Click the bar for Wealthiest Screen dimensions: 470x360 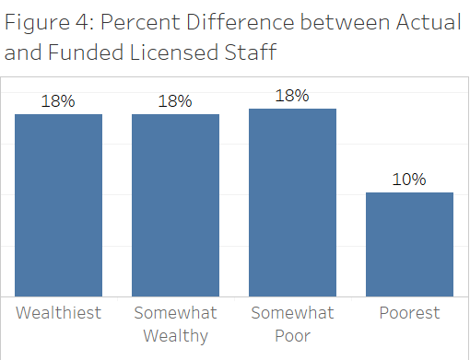pos(58,205)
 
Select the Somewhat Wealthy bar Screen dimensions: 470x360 pos(175,205)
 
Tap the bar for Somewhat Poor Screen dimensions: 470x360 pos(292,203)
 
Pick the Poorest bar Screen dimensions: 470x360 pos(409,244)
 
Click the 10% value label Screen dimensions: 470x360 pos(409,180)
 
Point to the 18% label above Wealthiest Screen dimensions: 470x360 pos(58,101)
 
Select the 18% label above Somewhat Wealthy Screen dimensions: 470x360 pos(175,101)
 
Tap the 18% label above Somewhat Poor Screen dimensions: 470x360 pos(292,96)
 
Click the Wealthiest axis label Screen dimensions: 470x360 pos(58,313)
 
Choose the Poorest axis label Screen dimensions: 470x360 pos(409,313)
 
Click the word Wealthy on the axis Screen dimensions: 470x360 pos(176,336)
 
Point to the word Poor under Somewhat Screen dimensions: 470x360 pos(292,336)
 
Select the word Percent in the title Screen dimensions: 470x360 pos(140,22)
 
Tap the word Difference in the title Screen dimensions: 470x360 pos(241,22)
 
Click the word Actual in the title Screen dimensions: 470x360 pos(429,22)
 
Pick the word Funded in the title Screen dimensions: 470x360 pos(86,52)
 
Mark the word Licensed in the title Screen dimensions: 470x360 pos(173,52)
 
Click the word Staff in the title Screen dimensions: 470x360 pos(251,52)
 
